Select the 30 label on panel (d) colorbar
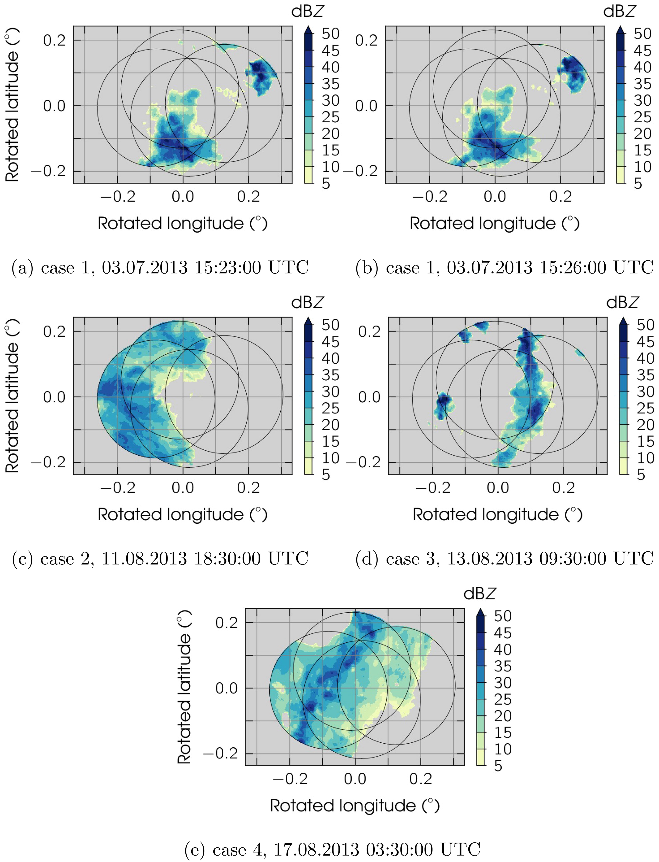pos(645,392)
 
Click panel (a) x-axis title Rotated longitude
pos(182,223)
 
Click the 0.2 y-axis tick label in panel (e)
pos(227,622)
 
